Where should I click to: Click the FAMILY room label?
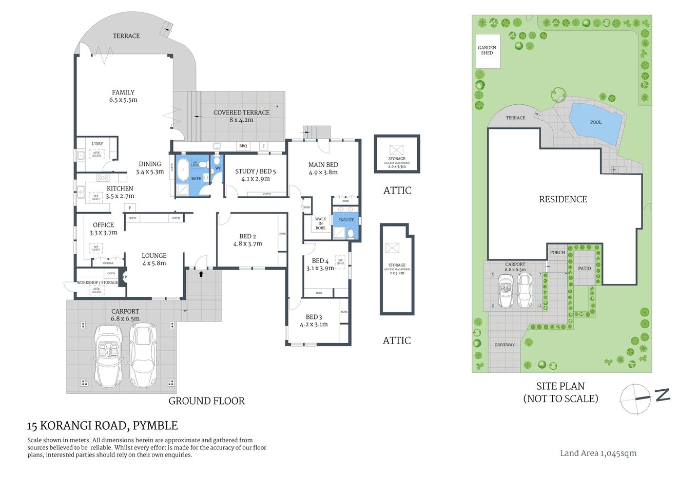point(123,92)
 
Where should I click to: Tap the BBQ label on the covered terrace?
point(243,146)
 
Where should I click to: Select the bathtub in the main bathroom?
point(183,169)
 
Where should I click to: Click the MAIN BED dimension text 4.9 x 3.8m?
point(323,173)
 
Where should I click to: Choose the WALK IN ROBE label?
point(320,223)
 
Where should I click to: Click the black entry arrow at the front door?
point(201,274)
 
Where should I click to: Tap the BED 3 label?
point(314,317)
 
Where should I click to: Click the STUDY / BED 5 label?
point(255,172)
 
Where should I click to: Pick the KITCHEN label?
point(120,188)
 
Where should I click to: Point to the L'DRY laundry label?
point(97,144)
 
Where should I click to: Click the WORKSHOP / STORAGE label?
point(97,282)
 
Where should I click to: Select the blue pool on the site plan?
point(595,123)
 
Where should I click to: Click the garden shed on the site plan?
point(487,51)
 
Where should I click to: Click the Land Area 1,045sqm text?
point(598,453)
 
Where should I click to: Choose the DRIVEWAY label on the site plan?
point(504,345)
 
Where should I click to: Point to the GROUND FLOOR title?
point(206,401)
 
